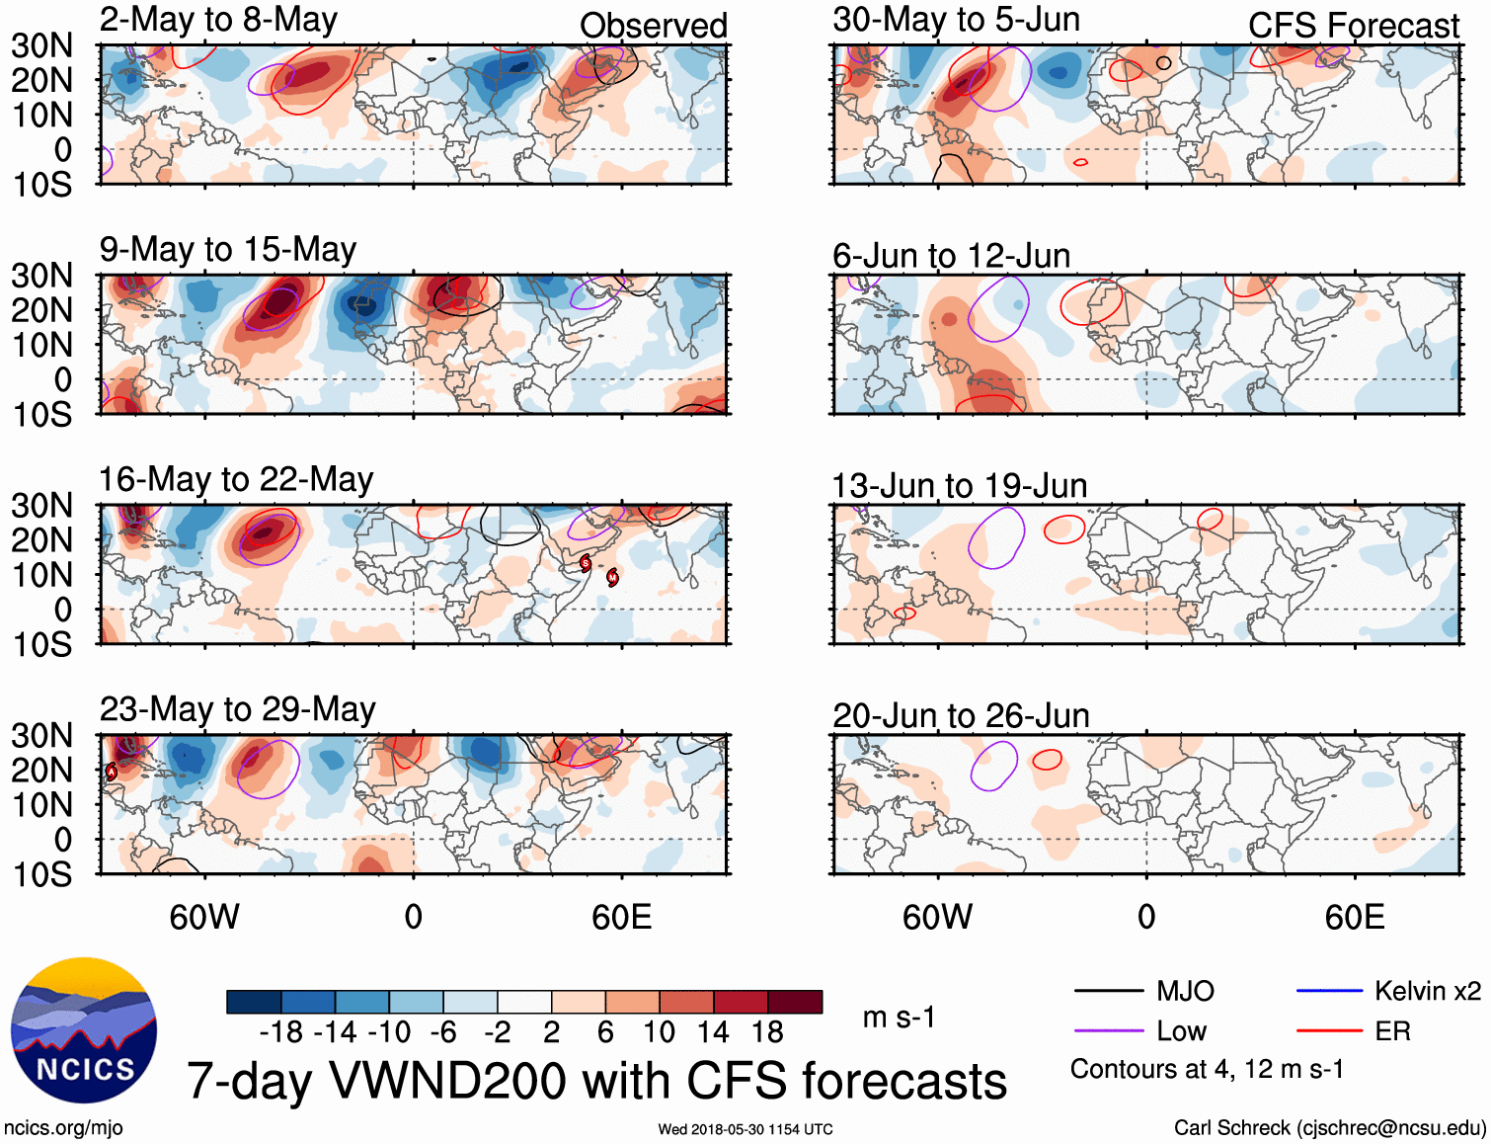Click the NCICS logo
84,1030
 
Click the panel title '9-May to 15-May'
228,250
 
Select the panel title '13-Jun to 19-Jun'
960,486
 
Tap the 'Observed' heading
654,26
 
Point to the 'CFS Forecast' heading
1354,26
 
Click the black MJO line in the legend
1109,991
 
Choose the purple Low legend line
1109,1031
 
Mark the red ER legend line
1329,1031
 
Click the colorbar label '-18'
281,1033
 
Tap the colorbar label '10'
659,1033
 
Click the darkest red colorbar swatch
795,1002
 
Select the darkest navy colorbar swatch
254,1002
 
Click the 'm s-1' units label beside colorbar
899,1018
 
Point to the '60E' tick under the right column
1355,918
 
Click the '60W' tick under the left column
204,918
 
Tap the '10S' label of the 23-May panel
42,875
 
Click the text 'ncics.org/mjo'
64,1128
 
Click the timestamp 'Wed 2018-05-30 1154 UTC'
745,1129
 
